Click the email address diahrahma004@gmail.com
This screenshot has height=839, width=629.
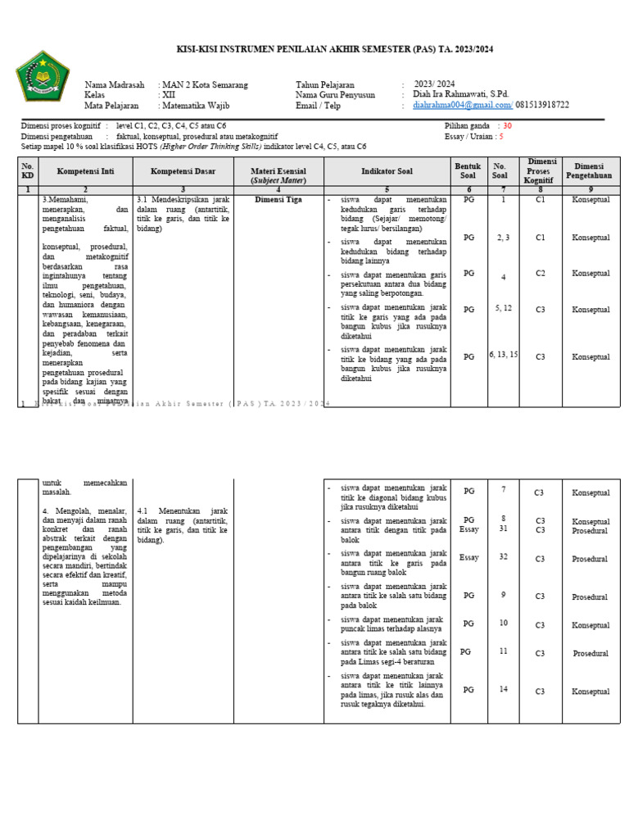(x=463, y=105)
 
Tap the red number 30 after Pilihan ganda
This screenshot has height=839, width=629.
(x=507, y=126)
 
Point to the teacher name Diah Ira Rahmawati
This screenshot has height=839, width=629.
(x=461, y=95)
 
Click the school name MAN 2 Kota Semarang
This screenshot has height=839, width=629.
(x=204, y=85)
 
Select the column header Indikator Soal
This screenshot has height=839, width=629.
(x=387, y=171)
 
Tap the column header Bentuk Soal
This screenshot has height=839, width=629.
(x=468, y=171)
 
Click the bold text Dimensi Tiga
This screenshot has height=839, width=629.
(x=278, y=199)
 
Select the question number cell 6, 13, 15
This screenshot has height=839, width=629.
(x=503, y=355)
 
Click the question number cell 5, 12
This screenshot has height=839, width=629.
(x=503, y=308)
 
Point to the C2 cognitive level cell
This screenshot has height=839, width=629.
(x=541, y=273)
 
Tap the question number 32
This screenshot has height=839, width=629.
(x=503, y=556)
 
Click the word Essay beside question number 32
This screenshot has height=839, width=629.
(x=468, y=557)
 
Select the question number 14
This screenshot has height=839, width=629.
(x=503, y=689)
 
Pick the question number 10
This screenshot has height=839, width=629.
(x=503, y=623)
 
